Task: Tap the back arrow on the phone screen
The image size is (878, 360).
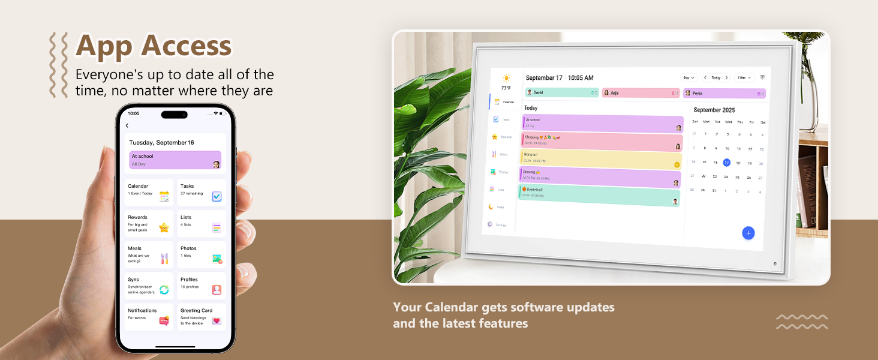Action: pos(127,125)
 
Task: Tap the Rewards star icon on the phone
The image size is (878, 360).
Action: pos(164,227)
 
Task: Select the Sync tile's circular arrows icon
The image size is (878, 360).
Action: pos(164,290)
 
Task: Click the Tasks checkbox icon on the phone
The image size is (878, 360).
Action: pos(217,196)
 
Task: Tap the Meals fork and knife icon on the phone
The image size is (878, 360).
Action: pos(164,259)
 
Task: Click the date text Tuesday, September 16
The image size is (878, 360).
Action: pos(161,143)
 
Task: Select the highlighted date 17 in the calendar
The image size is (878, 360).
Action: pos(726,163)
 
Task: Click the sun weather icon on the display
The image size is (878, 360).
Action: pos(506,78)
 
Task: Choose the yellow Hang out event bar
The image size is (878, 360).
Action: pos(600,160)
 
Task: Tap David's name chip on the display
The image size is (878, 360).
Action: pos(562,92)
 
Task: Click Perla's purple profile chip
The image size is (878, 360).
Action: pos(724,94)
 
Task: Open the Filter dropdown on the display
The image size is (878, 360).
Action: pos(744,77)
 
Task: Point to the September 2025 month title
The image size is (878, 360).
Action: pos(714,110)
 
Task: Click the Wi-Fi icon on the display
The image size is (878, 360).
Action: pos(762,77)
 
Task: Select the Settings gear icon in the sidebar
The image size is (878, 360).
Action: pos(489,224)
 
